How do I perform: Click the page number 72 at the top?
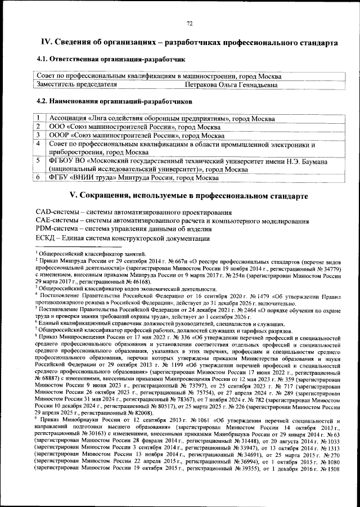click(190, 23)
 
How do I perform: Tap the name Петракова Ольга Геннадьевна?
click(231, 85)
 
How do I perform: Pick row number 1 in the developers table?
click(38, 119)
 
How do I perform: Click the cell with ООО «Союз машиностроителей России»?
click(130, 127)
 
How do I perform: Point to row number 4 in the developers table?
click(38, 145)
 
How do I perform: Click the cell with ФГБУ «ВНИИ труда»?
click(133, 178)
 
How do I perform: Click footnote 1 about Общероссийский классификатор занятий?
click(90, 255)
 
